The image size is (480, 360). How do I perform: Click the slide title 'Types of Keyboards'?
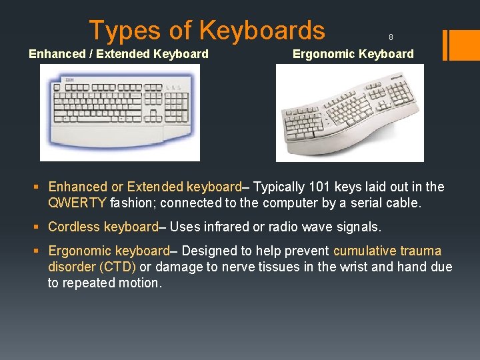(207, 31)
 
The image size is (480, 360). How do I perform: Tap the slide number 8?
(391, 37)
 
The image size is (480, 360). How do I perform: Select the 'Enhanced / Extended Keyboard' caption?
(119, 54)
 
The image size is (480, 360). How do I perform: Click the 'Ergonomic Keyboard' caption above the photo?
(353, 54)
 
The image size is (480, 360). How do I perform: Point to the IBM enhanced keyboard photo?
(120, 113)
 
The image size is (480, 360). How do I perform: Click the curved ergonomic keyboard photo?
(350, 113)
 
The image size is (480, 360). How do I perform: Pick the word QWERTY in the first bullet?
(77, 203)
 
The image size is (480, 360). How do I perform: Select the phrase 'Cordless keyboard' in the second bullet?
(103, 227)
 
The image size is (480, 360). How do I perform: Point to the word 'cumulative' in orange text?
(365, 251)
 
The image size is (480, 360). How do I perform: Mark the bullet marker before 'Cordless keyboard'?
(39, 227)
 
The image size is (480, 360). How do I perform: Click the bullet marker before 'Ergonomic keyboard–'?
(39, 251)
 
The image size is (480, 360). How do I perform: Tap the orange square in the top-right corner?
(461, 45)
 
